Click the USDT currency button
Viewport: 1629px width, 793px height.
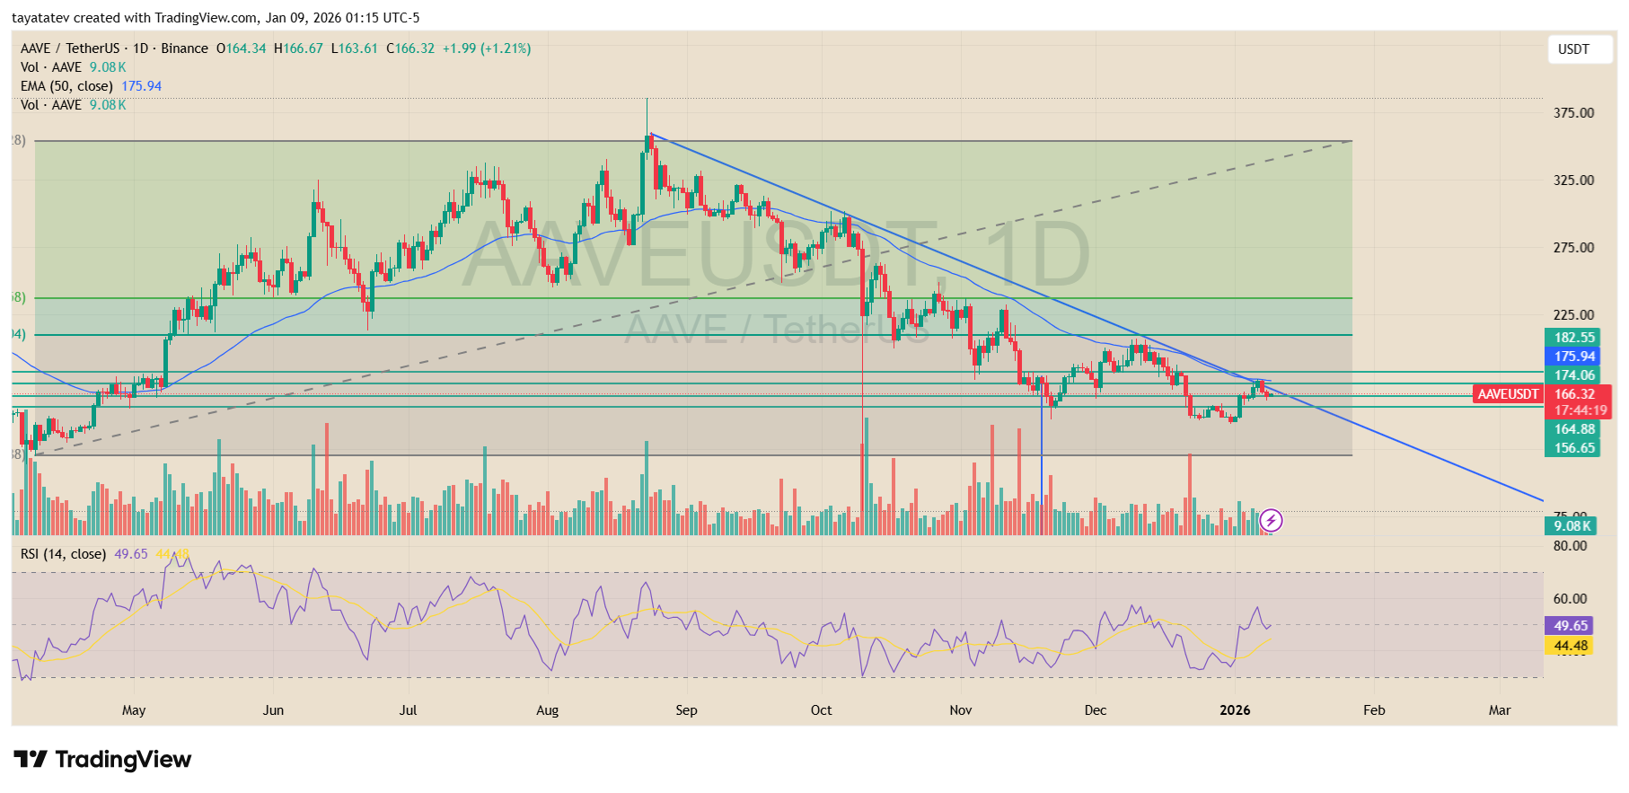(x=1572, y=49)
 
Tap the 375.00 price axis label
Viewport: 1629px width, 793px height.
(x=1573, y=113)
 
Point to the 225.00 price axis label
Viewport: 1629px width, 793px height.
(x=1573, y=315)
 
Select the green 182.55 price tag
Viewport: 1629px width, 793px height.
(x=1573, y=338)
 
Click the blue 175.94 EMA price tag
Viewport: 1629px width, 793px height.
(x=1573, y=357)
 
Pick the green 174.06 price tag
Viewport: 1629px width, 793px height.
(x=1573, y=375)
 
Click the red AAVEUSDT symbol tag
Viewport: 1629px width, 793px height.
(x=1508, y=394)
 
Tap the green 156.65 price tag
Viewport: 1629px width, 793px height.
(x=1573, y=448)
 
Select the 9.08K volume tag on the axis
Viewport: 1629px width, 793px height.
(x=1572, y=526)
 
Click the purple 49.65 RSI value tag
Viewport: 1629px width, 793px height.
(x=1570, y=626)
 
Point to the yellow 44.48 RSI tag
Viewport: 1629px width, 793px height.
(x=1570, y=646)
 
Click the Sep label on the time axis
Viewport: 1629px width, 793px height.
(x=686, y=710)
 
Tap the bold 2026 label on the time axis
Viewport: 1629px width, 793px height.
(x=1235, y=710)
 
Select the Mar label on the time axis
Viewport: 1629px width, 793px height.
(x=1499, y=710)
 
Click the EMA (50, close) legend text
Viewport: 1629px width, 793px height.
(x=66, y=86)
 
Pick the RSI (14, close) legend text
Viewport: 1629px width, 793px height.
(x=63, y=554)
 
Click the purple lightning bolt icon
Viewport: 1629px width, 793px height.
(x=1271, y=520)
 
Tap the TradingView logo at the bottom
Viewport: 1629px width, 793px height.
(x=102, y=760)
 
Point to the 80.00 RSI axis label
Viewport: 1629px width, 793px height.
(x=1570, y=546)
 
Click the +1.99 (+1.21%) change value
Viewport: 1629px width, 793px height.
(x=486, y=48)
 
